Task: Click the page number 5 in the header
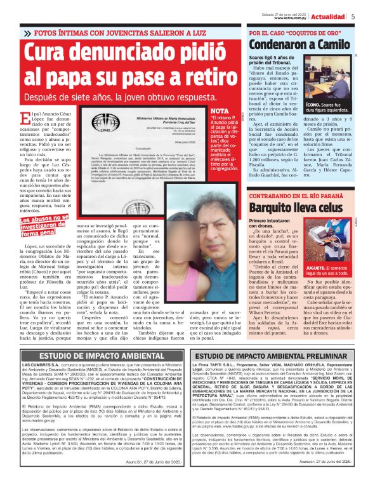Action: tap(352, 17)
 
